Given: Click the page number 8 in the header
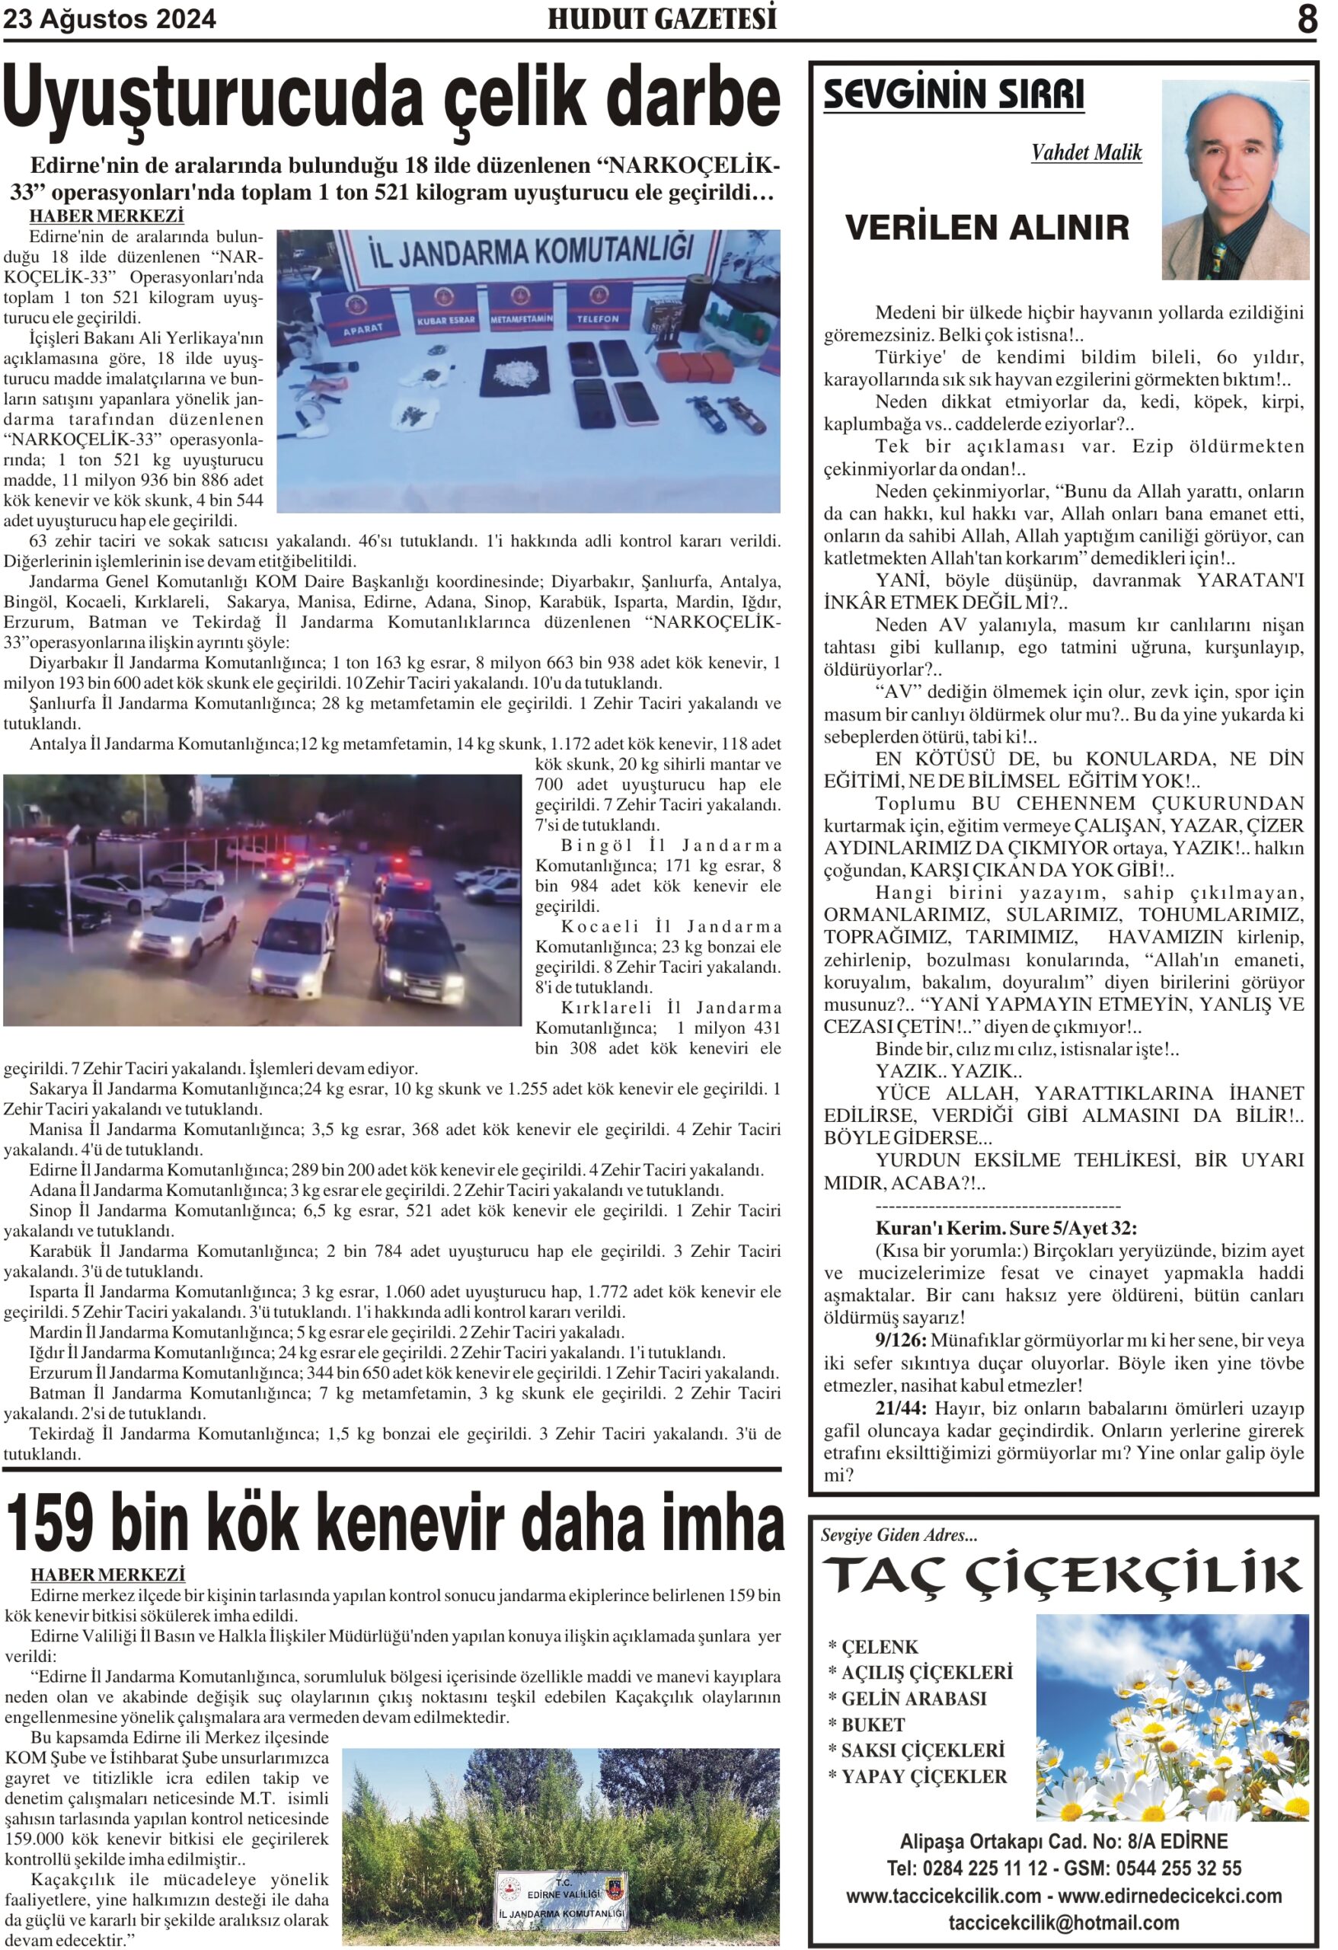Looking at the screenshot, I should [x=1306, y=19].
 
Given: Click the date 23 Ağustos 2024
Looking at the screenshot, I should [x=110, y=19].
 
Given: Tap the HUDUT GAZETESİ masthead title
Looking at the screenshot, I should [x=662, y=18].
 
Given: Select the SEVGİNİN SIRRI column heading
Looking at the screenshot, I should [x=953, y=94].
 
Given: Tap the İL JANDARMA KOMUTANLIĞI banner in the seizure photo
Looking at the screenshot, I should [x=532, y=251].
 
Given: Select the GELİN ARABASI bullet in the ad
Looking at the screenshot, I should [x=914, y=1699].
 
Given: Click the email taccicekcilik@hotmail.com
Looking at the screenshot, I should [x=1063, y=1923].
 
